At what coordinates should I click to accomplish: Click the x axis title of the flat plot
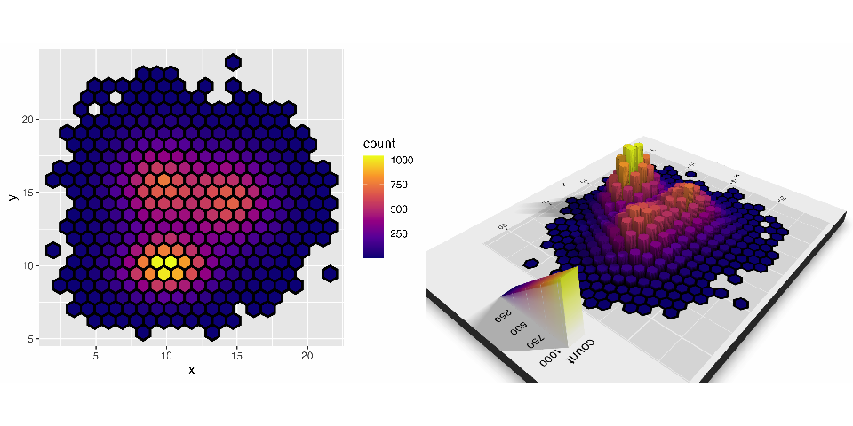191,369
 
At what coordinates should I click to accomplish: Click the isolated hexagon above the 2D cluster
233,62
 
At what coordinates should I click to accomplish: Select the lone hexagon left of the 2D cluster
53,249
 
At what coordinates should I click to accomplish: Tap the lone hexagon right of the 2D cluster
330,273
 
